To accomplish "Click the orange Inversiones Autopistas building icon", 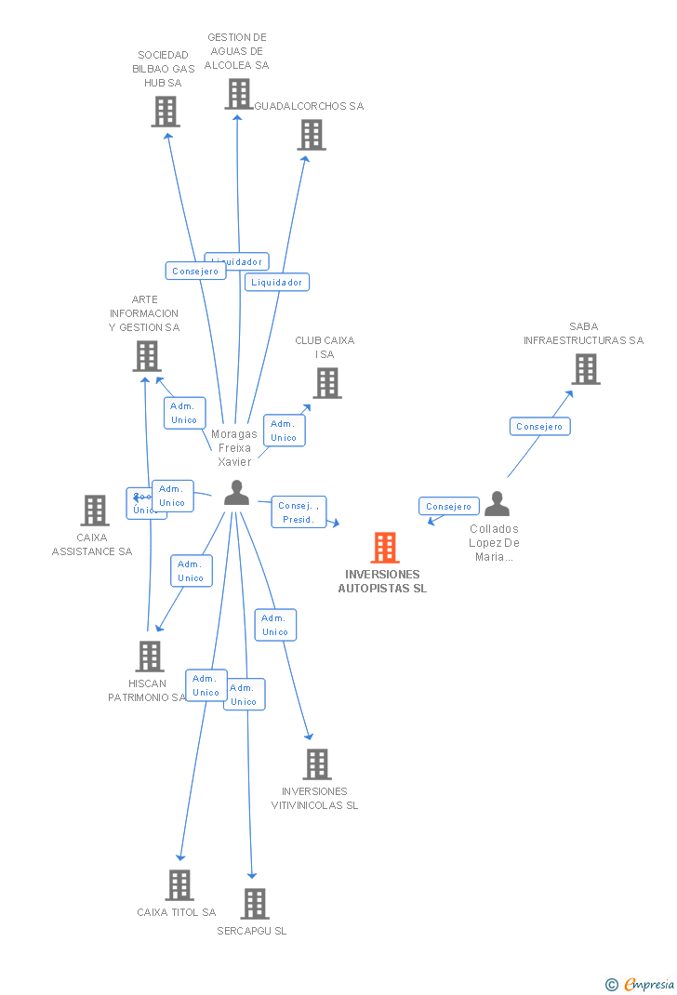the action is pos(385,548).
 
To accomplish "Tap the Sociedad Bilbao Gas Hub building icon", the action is pos(166,112).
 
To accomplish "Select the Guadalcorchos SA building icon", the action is pos(312,135).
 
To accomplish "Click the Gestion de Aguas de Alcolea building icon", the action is pos(238,94).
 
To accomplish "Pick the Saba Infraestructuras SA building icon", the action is pos(585,369).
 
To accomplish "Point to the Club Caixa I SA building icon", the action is pos(326,383).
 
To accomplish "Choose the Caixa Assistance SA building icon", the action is pos(95,511).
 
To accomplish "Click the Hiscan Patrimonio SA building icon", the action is pos(150,657).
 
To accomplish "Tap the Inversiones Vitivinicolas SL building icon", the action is pos(317,764).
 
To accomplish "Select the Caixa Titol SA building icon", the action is pos(179,885).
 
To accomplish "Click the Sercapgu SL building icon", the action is pos(255,903).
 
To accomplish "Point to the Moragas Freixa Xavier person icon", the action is pos(237,493).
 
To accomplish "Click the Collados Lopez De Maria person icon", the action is pos(498,504).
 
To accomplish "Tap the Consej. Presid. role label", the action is pos(299,512).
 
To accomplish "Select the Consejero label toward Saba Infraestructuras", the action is pos(539,427).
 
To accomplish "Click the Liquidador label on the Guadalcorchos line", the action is pos(277,282).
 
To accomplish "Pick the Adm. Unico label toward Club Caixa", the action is pos(284,431).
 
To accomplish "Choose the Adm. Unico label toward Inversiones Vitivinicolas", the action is pos(274,625).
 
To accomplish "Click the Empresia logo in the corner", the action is pos(641,984).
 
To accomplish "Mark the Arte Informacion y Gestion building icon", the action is pos(147,356).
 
